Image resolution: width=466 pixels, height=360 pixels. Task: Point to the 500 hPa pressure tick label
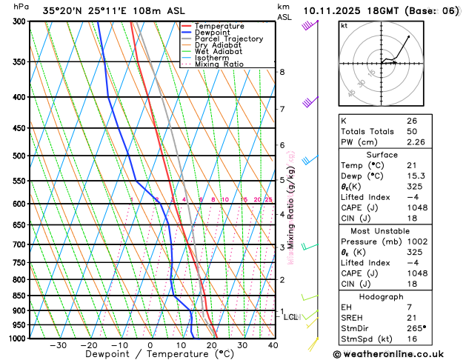click(x=20, y=156)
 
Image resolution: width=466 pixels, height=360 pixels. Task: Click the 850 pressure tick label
click(x=20, y=296)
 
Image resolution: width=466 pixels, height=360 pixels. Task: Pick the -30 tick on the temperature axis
click(x=57, y=345)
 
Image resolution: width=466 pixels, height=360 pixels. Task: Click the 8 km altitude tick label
click(x=282, y=72)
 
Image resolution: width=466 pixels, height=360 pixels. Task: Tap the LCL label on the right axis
click(x=291, y=317)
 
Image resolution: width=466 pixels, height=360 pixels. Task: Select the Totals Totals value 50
click(x=412, y=131)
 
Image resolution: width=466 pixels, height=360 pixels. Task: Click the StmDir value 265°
click(x=416, y=328)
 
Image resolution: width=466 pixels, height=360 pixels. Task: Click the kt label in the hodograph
click(x=344, y=26)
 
